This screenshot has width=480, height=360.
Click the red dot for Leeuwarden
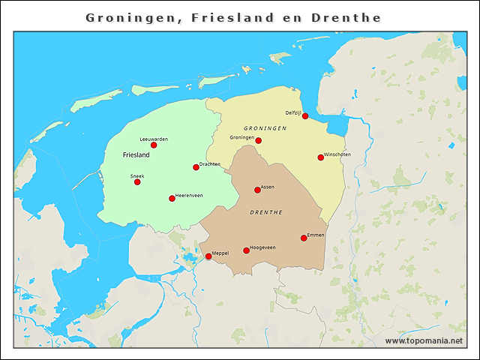(154, 145)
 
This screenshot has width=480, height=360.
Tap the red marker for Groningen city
(258, 140)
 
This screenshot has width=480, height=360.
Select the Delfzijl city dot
(304, 116)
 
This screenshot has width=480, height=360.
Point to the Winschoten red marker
(320, 157)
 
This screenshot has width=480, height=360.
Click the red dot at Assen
(257, 190)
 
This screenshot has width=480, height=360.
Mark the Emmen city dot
(304, 238)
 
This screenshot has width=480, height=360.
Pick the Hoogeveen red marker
(246, 250)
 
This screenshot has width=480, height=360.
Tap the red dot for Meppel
(208, 256)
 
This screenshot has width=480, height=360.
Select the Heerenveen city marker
(172, 199)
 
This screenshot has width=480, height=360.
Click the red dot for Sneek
(137, 182)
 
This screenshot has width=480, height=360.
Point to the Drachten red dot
(196, 167)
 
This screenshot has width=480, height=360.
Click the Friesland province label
(136, 155)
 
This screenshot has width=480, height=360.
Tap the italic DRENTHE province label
(265, 212)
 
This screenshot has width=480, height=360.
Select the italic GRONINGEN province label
(265, 128)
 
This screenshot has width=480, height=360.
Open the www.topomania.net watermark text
(424, 340)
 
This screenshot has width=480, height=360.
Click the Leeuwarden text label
(154, 139)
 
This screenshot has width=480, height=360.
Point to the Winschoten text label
(337, 154)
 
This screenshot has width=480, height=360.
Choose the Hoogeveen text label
(262, 247)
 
